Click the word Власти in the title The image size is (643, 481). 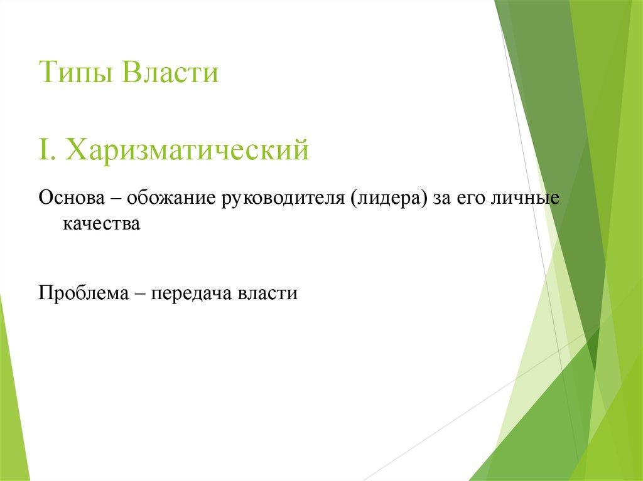pos(170,73)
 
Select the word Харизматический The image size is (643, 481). pos(188,151)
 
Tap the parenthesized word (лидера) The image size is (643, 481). pos(389,199)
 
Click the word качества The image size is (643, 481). pos(100,223)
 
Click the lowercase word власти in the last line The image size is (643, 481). pos(266,293)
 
